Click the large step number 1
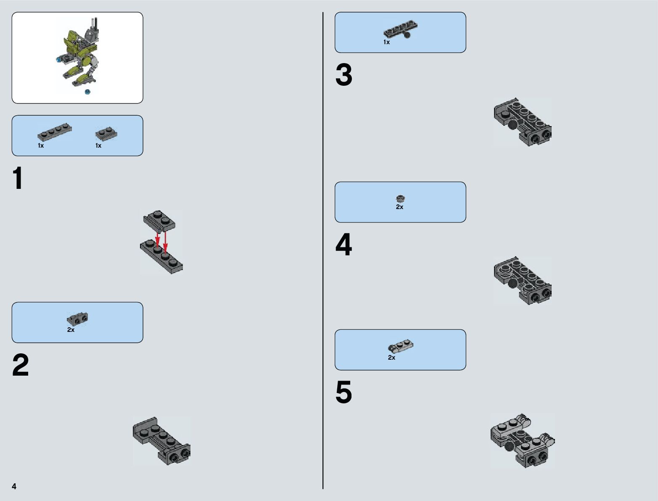[x=18, y=178]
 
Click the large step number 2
[x=20, y=365]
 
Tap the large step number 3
[x=344, y=74]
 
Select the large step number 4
[x=344, y=244]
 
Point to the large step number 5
[x=344, y=392]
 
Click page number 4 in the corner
[x=14, y=486]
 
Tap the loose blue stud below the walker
[x=87, y=92]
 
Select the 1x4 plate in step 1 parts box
[x=55, y=132]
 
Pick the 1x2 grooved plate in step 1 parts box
[x=106, y=134]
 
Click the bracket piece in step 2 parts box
[x=77, y=319]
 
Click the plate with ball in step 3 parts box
[x=401, y=29]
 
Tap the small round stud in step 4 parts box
[x=400, y=199]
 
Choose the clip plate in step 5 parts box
[x=401, y=346]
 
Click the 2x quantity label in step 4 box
[x=399, y=207]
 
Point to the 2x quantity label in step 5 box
[x=391, y=358]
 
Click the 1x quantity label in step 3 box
[x=386, y=42]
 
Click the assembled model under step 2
[x=161, y=441]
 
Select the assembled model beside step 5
[x=523, y=440]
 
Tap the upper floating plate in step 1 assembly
[x=159, y=221]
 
